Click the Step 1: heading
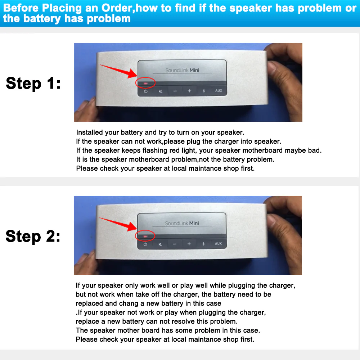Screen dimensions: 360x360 click(x=33, y=84)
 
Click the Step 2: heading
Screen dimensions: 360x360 click(x=33, y=237)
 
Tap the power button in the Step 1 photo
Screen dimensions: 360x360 click(x=145, y=91)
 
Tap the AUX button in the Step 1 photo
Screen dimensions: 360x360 click(x=219, y=91)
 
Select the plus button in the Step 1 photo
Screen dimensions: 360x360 click(x=189, y=91)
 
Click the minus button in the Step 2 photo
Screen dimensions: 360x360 click(x=175, y=244)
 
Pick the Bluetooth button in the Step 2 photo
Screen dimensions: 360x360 click(x=203, y=244)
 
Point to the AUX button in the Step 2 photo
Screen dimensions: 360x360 click(x=218, y=244)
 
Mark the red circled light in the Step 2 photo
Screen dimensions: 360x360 click(x=145, y=236)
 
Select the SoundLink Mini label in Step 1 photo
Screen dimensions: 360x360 click(x=182, y=71)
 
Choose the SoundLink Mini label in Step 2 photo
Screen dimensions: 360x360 click(x=182, y=223)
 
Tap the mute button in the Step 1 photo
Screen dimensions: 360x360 click(x=160, y=91)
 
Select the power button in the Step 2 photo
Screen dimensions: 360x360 click(x=145, y=244)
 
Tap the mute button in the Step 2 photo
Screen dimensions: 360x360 click(x=160, y=244)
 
